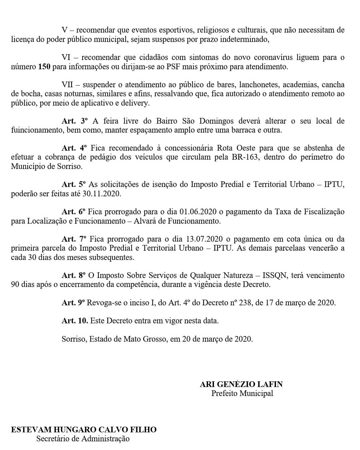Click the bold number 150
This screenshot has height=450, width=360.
coord(44,67)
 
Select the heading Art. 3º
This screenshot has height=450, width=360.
coord(74,121)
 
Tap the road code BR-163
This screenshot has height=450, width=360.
coord(245,157)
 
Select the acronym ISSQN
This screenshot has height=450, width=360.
coord(275,276)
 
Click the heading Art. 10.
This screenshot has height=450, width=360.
coord(75,321)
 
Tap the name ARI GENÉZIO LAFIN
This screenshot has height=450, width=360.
coord(241,384)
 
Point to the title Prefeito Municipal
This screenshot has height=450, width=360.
coord(242,393)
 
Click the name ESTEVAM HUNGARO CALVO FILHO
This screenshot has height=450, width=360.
coord(84,430)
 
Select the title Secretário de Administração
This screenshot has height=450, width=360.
coord(83,439)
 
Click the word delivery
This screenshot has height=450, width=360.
coord(135,103)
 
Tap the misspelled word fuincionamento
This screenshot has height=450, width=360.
coord(37,130)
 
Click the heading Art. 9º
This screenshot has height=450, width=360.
coord(74,303)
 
